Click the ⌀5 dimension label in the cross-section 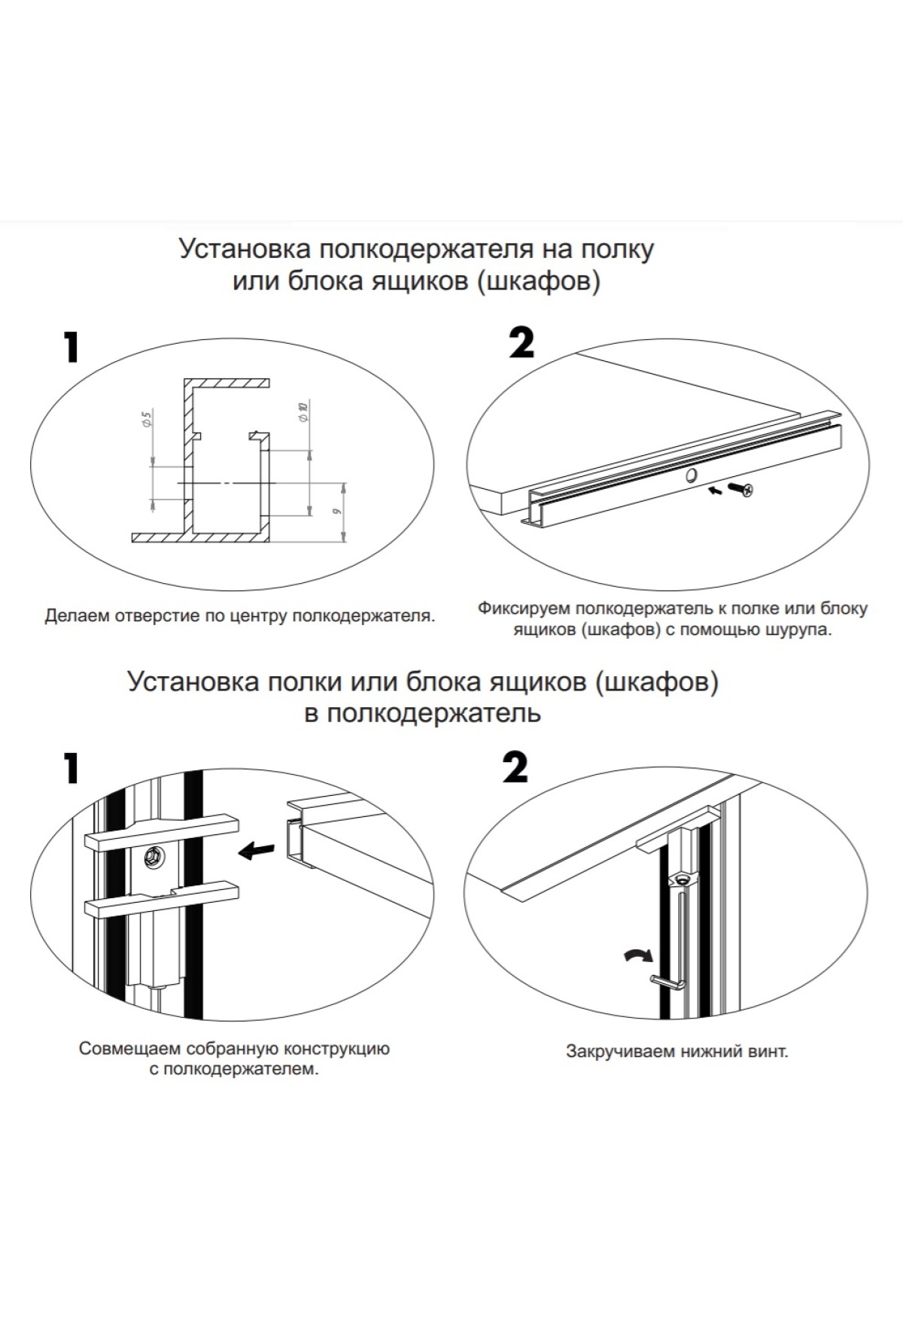pos(147,419)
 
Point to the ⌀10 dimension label pos(303,411)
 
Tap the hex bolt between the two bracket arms pos(154,855)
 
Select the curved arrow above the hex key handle pos(639,955)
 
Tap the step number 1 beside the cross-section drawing pos(71,348)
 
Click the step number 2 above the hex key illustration pos(515,768)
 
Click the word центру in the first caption pos(261,616)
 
